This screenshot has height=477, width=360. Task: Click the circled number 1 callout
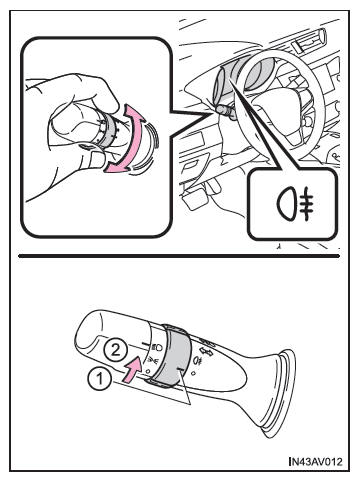99,379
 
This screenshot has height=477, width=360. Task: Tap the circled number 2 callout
114,350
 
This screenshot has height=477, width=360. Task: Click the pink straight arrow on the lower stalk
132,369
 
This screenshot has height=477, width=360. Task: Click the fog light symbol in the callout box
295,203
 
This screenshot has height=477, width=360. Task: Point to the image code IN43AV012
316,462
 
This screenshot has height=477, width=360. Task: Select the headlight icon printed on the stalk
157,347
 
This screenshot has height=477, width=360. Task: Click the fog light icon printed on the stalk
197,361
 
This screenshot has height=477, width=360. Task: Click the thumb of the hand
94,159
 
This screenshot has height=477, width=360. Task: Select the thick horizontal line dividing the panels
179,256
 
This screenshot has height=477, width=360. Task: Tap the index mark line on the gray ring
180,369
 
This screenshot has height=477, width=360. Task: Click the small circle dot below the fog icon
193,373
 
